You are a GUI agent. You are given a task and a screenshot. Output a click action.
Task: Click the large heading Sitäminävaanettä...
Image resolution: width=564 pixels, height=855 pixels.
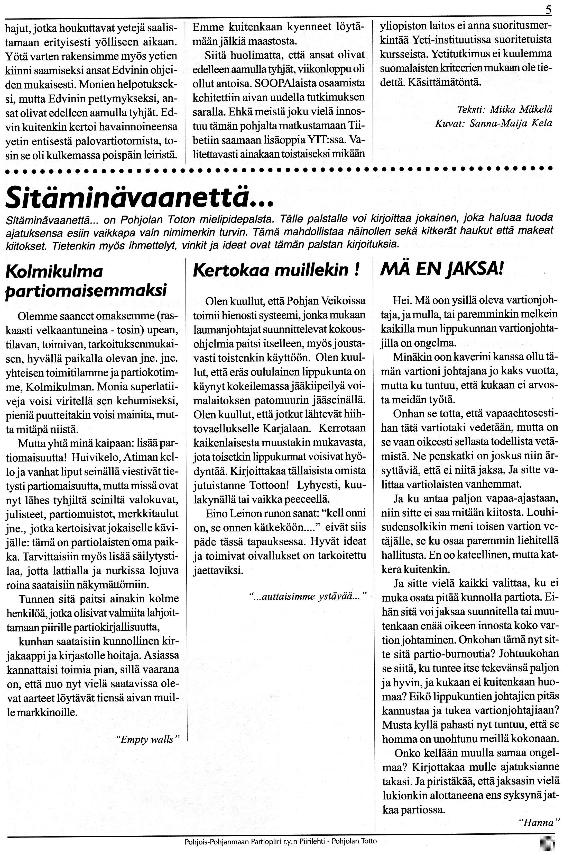(138, 197)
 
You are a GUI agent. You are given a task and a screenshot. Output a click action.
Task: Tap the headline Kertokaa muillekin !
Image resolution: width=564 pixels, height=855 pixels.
(276, 270)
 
